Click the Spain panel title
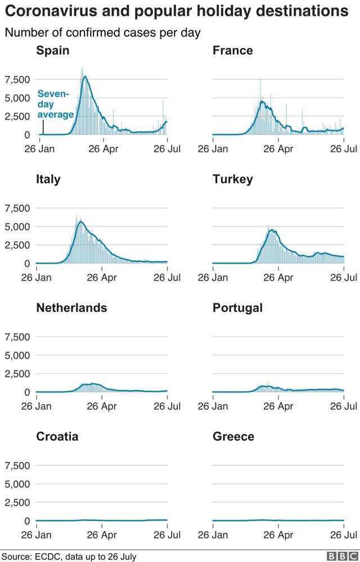coord(53,51)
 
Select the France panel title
coord(232,51)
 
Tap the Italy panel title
coord(48,179)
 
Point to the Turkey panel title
coord(232,179)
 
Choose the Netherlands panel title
coord(71,308)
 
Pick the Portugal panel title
coord(237,308)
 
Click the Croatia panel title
coord(57,437)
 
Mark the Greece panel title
coord(233,437)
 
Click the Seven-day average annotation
coord(55,105)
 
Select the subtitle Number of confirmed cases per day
coord(102,33)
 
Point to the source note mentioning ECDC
coord(68,556)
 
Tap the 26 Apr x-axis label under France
coord(278,149)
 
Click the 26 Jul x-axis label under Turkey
coord(344,278)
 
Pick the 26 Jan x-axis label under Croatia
coord(37,535)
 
